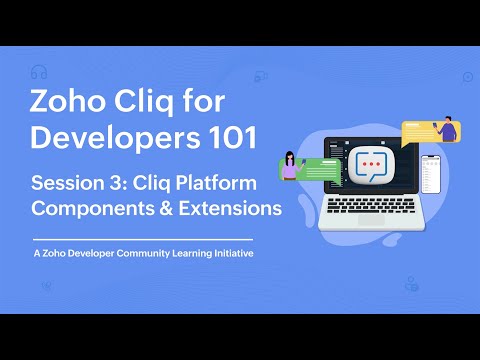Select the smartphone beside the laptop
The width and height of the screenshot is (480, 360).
pos(430,175)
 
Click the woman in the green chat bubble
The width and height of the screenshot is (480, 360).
pos(290,164)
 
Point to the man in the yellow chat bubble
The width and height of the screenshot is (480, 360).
pos(447,128)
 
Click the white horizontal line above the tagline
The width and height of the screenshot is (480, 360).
pos(143,240)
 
